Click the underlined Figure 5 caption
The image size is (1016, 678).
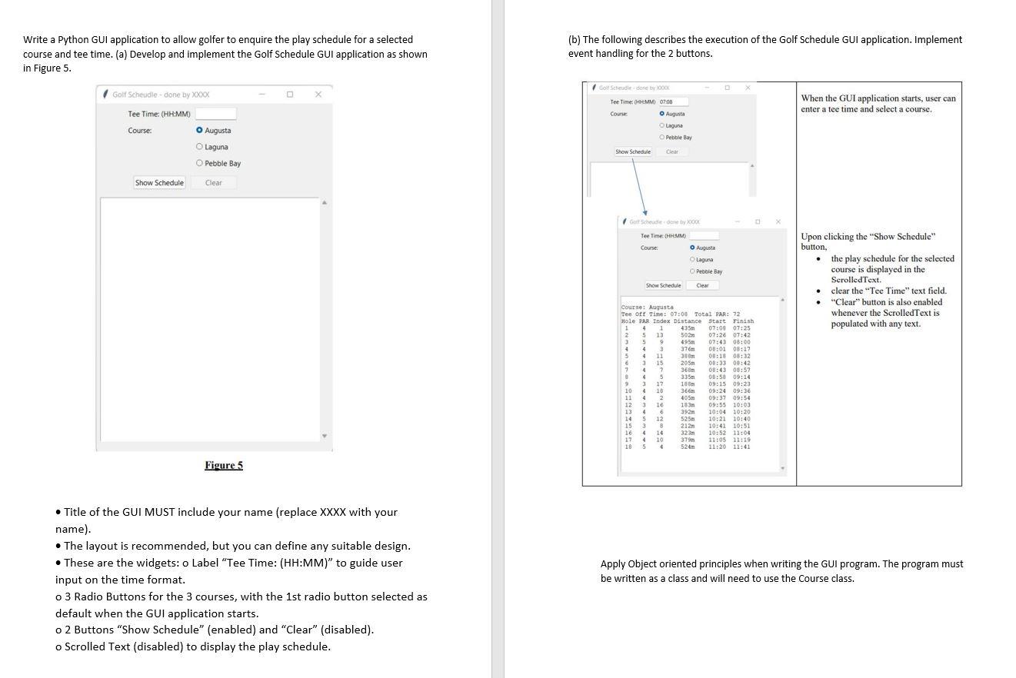pos(224,465)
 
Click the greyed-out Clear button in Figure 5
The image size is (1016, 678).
pos(214,183)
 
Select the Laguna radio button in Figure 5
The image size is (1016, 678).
pos(200,147)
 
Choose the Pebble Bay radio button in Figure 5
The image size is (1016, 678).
pos(200,163)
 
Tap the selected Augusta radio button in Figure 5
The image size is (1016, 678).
pos(200,131)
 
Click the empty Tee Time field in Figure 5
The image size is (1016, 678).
pos(215,114)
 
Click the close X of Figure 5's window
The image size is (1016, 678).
pos(318,95)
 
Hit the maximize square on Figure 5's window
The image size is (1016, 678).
pos(290,95)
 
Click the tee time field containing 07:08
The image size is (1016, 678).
pos(673,101)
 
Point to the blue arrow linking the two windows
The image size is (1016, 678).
pos(638,185)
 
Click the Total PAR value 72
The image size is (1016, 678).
pos(736,314)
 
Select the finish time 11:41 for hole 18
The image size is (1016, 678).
pos(741,447)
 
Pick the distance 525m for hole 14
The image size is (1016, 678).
pos(687,419)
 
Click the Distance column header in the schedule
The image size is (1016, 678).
pos(688,321)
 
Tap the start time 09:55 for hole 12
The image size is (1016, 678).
pos(717,405)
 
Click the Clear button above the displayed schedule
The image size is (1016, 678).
pos(702,285)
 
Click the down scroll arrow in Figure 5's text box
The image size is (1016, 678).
pos(325,437)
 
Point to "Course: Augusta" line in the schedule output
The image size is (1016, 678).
pos(647,307)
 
